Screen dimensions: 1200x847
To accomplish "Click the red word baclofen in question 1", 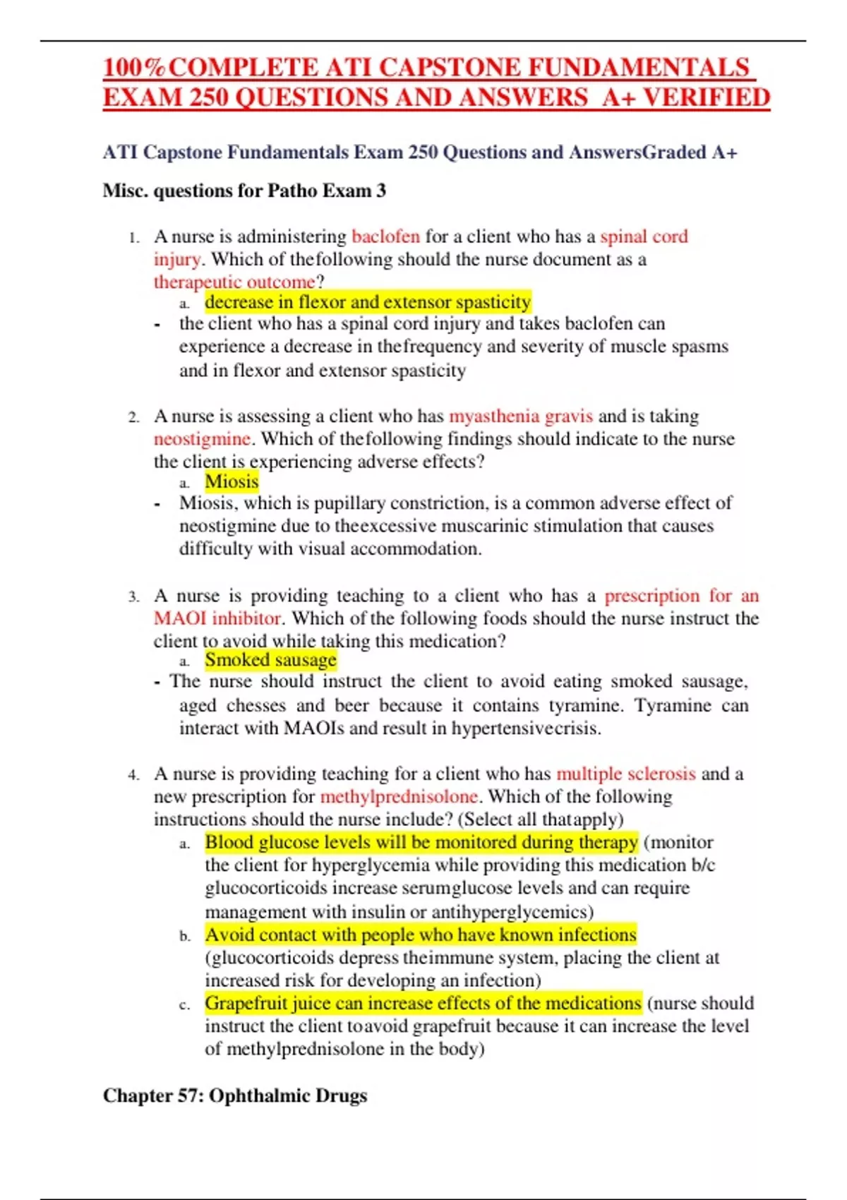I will pos(385,236).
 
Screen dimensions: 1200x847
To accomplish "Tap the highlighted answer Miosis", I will pos(232,482).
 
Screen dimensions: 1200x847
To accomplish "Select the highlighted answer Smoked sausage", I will pos(270,660).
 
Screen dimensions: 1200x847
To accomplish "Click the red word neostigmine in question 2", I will pos(202,439).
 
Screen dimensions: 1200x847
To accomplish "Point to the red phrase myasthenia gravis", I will pos(520,416).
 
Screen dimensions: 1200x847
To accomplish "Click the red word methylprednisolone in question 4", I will pos(399,797).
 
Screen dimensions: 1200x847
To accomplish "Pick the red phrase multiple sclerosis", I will pos(625,774).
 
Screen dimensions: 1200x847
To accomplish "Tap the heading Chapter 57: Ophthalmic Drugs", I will pos(235,1096).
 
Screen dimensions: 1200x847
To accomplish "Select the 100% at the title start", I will pos(134,68).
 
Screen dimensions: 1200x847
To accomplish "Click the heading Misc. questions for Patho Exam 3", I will pos(244,191).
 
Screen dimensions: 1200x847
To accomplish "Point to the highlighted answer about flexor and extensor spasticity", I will pos(368,303).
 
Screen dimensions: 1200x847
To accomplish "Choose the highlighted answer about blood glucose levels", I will pos(421,842).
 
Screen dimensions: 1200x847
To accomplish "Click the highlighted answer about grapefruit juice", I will pos(423,1003).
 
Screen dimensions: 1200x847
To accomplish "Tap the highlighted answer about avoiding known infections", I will pos(421,935).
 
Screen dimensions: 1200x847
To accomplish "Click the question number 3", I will pos(133,597).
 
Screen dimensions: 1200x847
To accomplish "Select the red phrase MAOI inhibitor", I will pos(217,618).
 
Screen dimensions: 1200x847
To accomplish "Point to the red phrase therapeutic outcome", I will pos(234,282).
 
